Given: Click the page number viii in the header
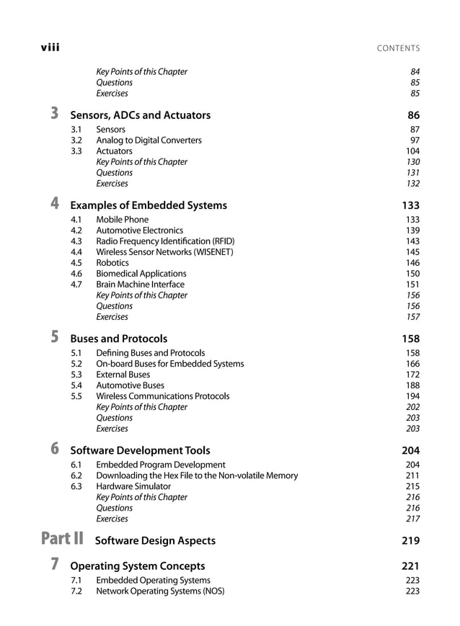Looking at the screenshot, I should tap(50, 48).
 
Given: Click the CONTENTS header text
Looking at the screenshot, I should tap(398, 48).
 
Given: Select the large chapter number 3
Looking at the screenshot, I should tap(56, 113).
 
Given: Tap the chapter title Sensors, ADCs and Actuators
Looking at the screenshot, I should tap(140, 115).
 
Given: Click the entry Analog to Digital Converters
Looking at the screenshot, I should tap(149, 140).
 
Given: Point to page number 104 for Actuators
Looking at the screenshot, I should tap(412, 151).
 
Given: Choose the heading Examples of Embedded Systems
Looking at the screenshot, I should tap(148, 205).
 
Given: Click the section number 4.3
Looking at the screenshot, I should tap(76, 241).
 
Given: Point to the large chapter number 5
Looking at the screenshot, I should tap(56, 336).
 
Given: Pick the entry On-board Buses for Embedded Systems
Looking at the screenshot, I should tap(169, 364).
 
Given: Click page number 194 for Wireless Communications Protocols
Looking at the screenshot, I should tap(412, 396).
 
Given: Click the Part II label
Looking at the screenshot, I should tap(62, 539).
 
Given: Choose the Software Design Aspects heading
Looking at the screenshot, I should tap(155, 540).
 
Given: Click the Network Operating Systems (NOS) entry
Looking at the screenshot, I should tap(160, 591).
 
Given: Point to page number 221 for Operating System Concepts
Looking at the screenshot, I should tap(410, 566).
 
